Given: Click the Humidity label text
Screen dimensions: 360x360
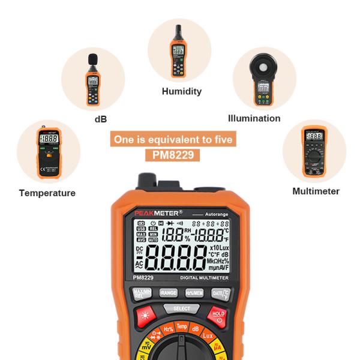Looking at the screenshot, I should coord(181,92).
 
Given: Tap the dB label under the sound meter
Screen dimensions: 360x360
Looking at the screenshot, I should coord(100,119).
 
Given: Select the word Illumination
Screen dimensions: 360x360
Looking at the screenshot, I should coord(254,118).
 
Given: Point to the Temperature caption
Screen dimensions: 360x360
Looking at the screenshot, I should coord(47,193).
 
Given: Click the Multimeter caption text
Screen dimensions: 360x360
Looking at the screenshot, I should coord(316,191).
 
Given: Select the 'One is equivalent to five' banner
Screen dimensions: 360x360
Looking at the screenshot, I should coord(172,140).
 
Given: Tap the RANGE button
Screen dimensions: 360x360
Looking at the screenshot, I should coord(168,293).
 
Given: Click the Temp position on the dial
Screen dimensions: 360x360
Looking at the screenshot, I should coord(181,326).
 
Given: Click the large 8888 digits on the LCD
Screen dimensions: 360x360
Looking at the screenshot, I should coord(175,260).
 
